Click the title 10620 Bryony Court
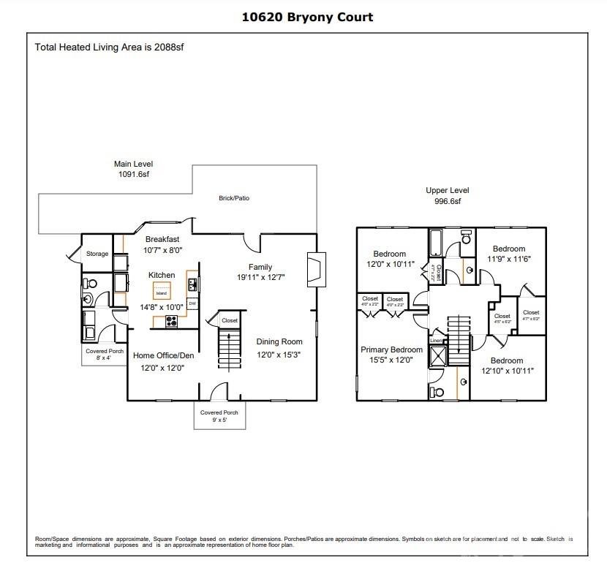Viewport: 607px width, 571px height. pos(307,17)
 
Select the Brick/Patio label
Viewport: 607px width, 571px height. pos(234,198)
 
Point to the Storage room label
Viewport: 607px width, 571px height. pos(97,254)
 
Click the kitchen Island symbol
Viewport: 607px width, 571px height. pos(162,292)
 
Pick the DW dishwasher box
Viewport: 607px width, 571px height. pos(192,303)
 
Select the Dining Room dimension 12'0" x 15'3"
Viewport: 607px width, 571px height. pos(279,354)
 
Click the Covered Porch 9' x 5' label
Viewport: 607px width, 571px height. pos(221,416)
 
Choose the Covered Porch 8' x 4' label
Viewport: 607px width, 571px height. pos(104,355)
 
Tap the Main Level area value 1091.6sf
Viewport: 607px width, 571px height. pos(132,175)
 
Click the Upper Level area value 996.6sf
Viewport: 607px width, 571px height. pos(447,201)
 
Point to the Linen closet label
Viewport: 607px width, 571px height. pos(436,341)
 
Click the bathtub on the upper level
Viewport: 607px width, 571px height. pos(437,241)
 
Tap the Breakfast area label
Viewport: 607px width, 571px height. pos(162,239)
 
